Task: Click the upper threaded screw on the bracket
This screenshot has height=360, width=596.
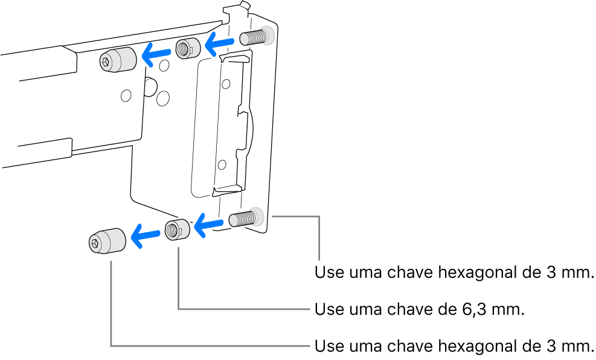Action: pyautogui.click(x=255, y=37)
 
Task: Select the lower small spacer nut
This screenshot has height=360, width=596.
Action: pyautogui.click(x=177, y=230)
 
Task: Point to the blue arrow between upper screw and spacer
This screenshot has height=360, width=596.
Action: pyautogui.click(x=220, y=42)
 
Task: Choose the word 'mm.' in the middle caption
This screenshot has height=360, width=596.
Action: pyautogui.click(x=506, y=310)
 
